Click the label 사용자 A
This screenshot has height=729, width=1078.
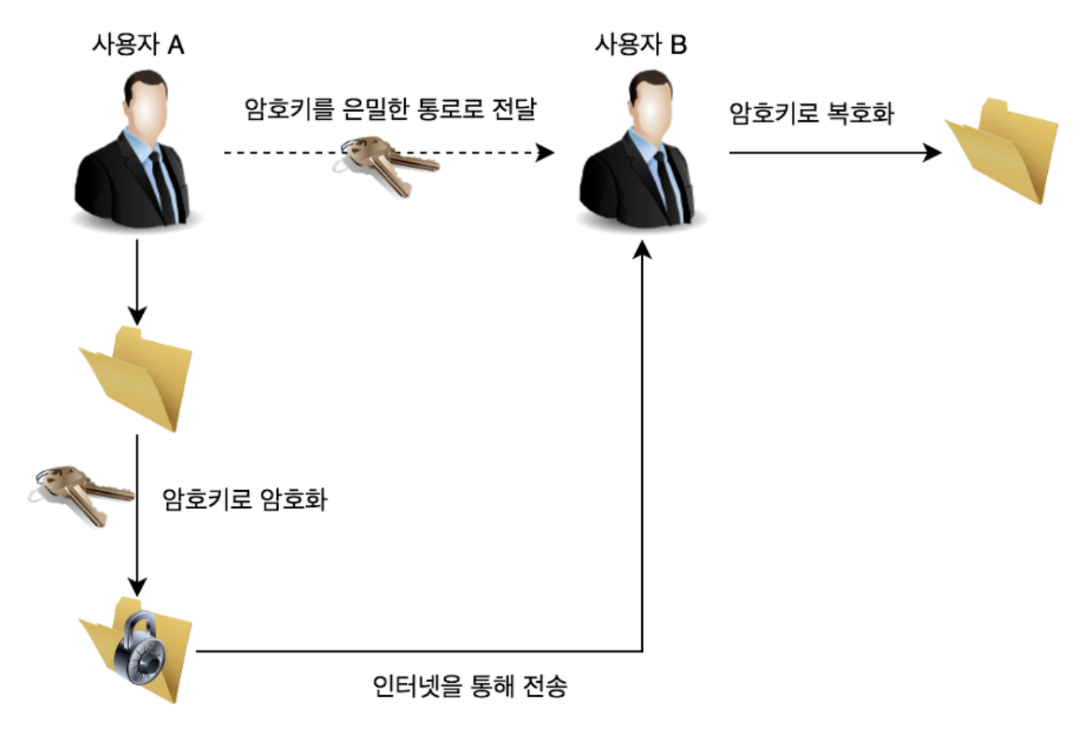(138, 44)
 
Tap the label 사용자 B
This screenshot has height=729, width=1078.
(640, 44)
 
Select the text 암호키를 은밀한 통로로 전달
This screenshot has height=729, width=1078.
(390, 109)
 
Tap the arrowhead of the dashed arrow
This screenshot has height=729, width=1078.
(545, 152)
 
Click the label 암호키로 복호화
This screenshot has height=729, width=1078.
(812, 114)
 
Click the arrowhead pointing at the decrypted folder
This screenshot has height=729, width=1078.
(933, 152)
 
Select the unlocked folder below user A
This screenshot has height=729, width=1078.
(137, 378)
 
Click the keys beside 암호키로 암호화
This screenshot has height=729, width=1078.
(79, 492)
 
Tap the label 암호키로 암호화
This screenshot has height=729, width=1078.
(245, 499)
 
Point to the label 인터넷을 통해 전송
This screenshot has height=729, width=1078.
(470, 685)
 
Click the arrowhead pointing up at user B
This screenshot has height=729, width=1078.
(642, 251)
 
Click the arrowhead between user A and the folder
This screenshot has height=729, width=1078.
(138, 314)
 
